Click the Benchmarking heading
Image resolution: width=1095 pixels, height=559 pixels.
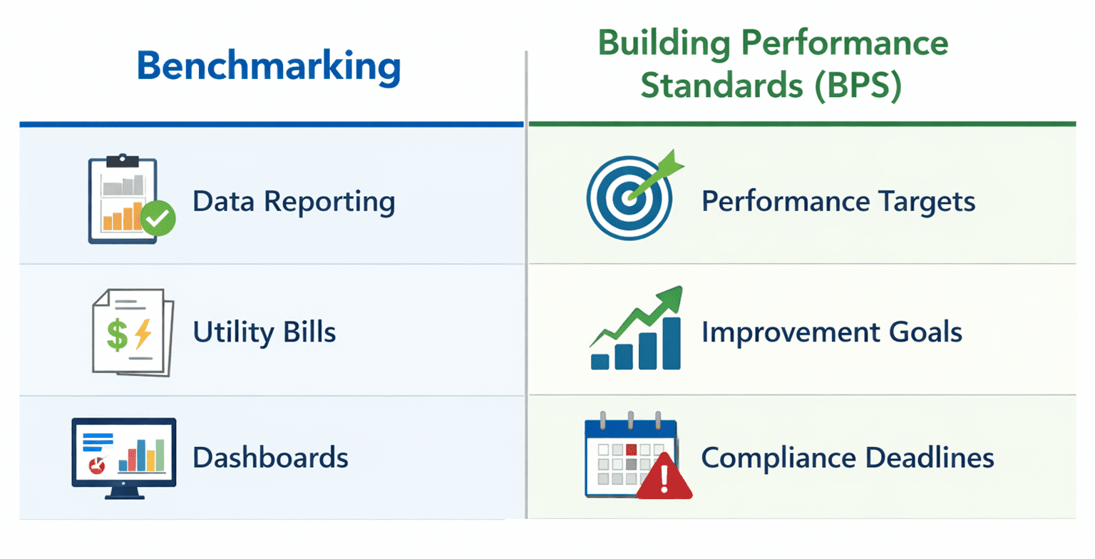[x=269, y=66]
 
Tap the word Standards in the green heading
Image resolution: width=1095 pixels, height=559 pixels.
[x=722, y=85]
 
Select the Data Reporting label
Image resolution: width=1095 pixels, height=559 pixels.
[x=294, y=202]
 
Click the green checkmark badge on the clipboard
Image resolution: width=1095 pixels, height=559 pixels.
[x=158, y=219]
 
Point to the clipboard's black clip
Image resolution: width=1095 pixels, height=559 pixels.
[x=123, y=160]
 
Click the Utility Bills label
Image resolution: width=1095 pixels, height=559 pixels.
[x=264, y=332]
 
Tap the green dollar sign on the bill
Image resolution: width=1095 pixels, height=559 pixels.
[x=118, y=335]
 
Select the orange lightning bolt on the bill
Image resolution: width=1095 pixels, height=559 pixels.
[x=143, y=334]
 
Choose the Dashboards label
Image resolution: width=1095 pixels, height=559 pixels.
[x=270, y=458]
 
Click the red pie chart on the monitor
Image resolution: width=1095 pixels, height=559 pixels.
[x=97, y=466]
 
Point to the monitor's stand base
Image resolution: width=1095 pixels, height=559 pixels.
[x=125, y=496]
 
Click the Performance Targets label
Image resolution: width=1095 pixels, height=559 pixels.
[x=838, y=202]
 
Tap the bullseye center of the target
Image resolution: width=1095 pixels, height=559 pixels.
[x=629, y=198]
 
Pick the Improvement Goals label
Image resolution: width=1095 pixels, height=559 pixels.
[x=832, y=332]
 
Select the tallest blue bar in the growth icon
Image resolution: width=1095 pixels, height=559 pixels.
[x=672, y=344]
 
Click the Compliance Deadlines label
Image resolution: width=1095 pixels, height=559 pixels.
[x=848, y=458]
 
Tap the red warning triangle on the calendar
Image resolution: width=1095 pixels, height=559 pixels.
[x=664, y=477]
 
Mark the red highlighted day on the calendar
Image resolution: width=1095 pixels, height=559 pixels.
[x=631, y=449]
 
